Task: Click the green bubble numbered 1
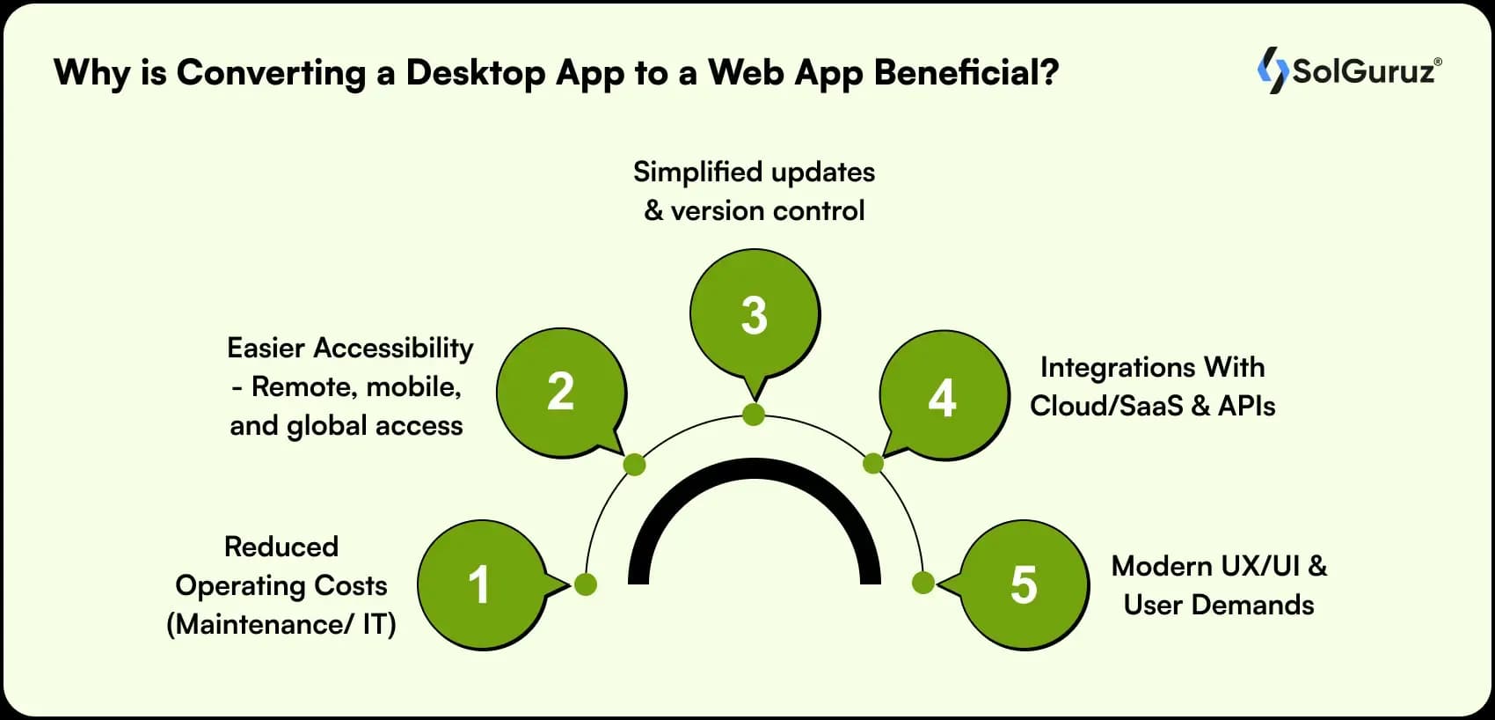tap(482, 585)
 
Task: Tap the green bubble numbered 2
tap(561, 393)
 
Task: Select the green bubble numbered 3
tap(755, 315)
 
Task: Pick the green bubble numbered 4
tap(944, 396)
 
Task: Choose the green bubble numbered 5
tap(1024, 585)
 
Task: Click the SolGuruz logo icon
tap(1273, 70)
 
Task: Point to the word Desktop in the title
tap(475, 72)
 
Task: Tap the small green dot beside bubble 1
tap(586, 584)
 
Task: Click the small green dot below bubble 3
tap(754, 415)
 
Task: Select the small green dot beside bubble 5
tap(923, 583)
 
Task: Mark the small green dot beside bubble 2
tap(634, 464)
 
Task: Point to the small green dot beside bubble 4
tap(873, 464)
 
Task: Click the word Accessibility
tap(393, 349)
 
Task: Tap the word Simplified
tap(696, 173)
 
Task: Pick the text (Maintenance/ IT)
tap(281, 624)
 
